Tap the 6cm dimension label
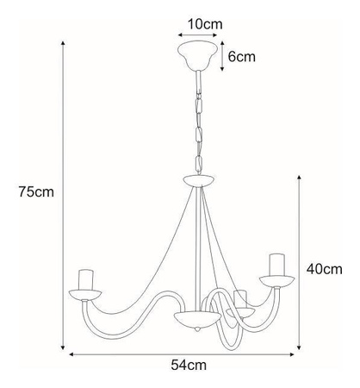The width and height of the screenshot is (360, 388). pyautogui.click(x=241, y=57)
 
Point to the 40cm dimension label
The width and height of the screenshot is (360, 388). pyautogui.click(x=326, y=269)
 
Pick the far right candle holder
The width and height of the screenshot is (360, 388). pyautogui.click(x=276, y=266)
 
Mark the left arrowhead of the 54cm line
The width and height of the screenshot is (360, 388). pyautogui.click(x=71, y=352)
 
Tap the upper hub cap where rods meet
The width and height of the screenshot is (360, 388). pyautogui.click(x=200, y=181)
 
